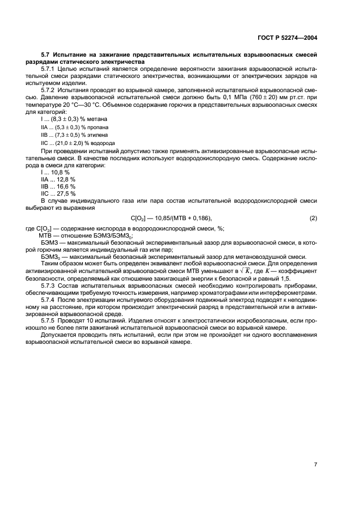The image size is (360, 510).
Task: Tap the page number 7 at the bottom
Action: coord(315,449)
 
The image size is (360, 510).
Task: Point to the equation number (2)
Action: coord(313,218)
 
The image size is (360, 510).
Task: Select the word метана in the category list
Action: coord(96,118)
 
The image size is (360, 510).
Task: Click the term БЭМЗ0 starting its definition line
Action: coord(50,257)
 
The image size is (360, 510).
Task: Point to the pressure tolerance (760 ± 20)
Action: coord(263,97)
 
